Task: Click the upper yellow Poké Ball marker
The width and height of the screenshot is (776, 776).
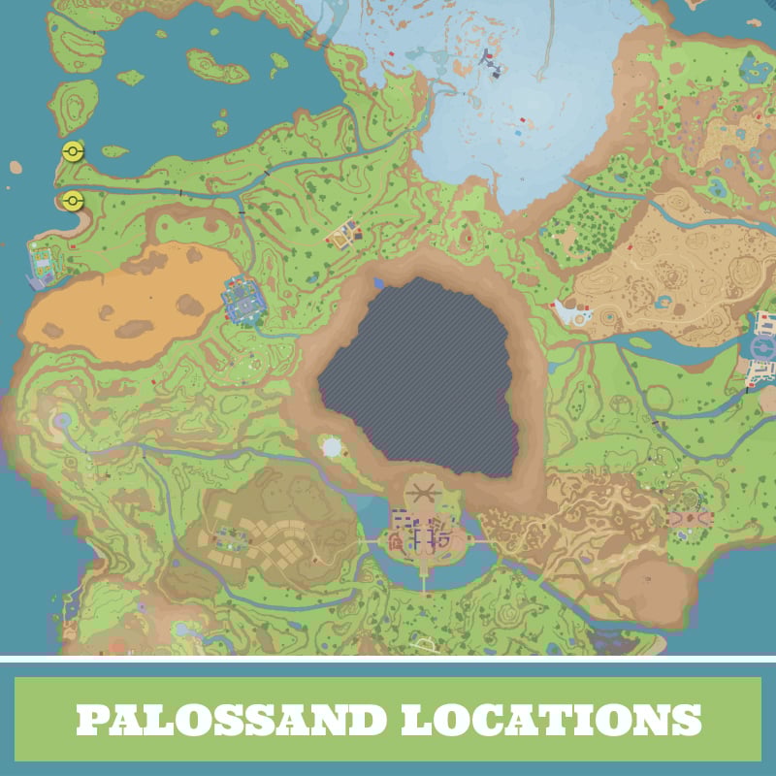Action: pos(73,151)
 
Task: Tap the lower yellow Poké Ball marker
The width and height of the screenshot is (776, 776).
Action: pos(73,201)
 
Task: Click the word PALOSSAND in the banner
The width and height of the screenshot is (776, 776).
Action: pos(228,719)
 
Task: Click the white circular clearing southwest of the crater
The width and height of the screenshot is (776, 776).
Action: pos(332,448)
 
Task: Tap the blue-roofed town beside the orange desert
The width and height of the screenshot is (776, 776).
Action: pos(242,302)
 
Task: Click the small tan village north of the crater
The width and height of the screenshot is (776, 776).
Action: pos(345,234)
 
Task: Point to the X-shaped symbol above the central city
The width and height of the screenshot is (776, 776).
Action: pos(421,493)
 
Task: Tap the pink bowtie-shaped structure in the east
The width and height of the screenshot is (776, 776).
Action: pos(690,519)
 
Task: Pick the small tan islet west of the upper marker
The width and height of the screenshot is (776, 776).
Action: pos(16,168)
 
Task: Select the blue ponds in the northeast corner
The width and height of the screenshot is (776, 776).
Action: pos(751,68)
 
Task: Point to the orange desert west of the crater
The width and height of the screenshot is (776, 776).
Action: pos(126,296)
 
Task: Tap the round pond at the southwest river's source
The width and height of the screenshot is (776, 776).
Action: pos(64,421)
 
